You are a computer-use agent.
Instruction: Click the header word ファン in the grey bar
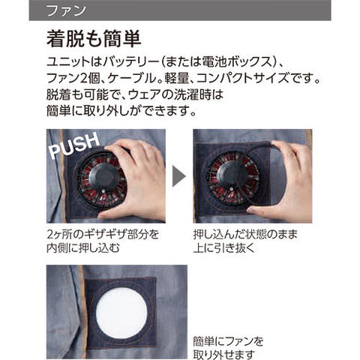pyautogui.click(x=66, y=10)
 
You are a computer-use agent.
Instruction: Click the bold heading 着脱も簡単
pyautogui.click(x=94, y=39)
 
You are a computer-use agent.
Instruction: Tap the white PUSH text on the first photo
pyautogui.click(x=74, y=145)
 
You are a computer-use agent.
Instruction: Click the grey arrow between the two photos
pyautogui.click(x=179, y=176)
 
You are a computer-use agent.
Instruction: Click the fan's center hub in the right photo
pyautogui.click(x=230, y=175)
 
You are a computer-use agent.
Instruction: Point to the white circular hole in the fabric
pyautogui.click(x=121, y=313)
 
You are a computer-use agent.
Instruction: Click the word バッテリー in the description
pyautogui.click(x=130, y=62)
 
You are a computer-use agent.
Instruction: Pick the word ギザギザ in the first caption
pyautogui.click(x=106, y=234)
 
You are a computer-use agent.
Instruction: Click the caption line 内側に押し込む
pyautogui.click(x=83, y=247)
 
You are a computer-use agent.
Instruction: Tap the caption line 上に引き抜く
pyautogui.click(x=223, y=247)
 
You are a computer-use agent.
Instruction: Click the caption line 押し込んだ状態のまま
pyautogui.click(x=245, y=234)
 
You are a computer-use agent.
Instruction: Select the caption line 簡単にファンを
pyautogui.click(x=228, y=341)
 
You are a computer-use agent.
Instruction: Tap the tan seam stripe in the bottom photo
pyautogui.click(x=82, y=313)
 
